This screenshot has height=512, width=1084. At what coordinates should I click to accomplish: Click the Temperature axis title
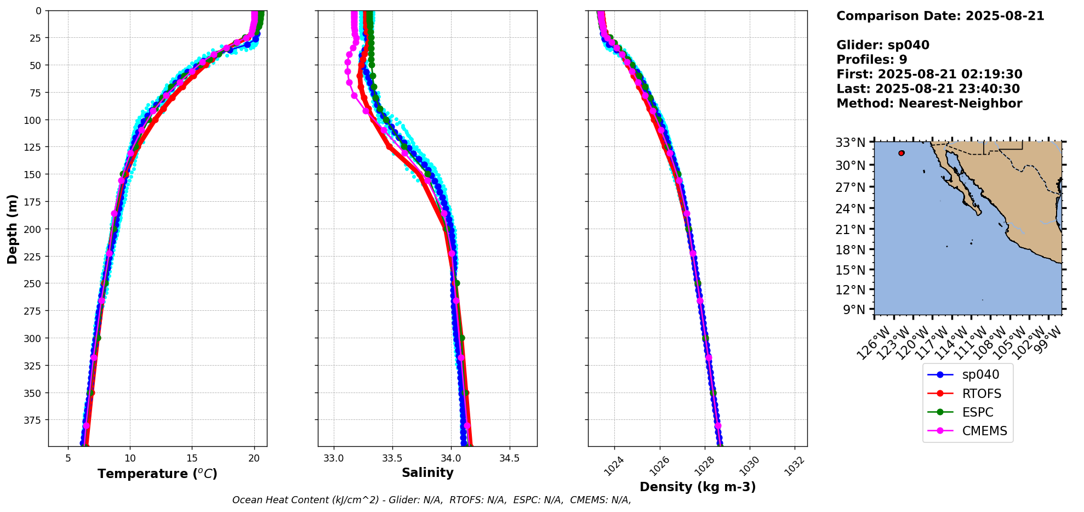click(x=157, y=474)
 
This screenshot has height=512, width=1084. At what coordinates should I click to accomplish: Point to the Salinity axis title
click(x=427, y=473)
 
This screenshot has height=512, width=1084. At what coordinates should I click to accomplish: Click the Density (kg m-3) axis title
click(x=698, y=487)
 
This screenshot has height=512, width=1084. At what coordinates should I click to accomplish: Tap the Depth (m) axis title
click(x=12, y=229)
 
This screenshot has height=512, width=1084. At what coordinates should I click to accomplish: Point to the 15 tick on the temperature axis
click(x=192, y=458)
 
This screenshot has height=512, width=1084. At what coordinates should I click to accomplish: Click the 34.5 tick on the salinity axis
click(x=510, y=458)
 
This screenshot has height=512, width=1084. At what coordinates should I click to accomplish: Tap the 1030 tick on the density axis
click(x=750, y=466)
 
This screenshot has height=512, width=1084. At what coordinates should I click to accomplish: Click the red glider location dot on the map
click(x=902, y=153)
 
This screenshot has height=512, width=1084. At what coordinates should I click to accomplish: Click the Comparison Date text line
click(x=940, y=16)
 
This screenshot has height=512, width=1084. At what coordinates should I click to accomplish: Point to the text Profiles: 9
click(x=871, y=60)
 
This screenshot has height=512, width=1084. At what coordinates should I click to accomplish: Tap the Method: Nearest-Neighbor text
click(x=929, y=104)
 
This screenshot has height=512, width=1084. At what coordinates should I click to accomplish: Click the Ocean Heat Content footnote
click(x=431, y=500)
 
